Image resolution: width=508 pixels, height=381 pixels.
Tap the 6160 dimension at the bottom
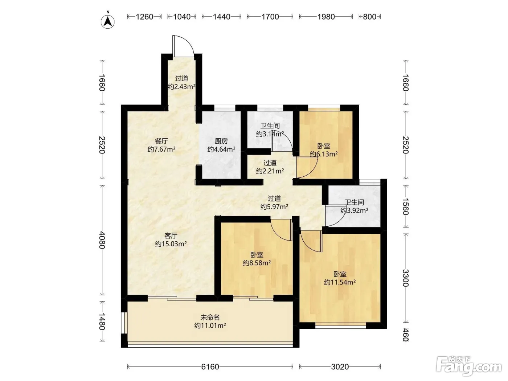click(x=210, y=366)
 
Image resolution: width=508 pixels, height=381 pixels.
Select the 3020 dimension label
click(x=340, y=366)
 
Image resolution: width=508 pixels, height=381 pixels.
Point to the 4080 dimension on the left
click(x=102, y=240)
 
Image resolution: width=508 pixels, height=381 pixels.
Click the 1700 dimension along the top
click(x=270, y=17)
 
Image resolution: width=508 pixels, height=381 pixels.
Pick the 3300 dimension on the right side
click(x=406, y=278)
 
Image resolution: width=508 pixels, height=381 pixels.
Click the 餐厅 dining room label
click(x=161, y=141)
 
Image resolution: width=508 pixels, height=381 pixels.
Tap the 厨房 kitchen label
click(x=221, y=141)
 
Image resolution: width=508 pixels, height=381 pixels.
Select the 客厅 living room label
click(x=171, y=236)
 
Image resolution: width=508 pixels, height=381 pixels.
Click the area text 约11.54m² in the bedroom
click(x=340, y=282)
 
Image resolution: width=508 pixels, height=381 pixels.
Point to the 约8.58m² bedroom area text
click(x=257, y=263)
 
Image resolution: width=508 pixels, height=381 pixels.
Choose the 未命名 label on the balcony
click(x=210, y=317)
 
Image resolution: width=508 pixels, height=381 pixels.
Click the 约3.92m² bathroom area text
click(x=354, y=210)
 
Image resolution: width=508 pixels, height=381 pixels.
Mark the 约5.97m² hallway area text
click(x=274, y=206)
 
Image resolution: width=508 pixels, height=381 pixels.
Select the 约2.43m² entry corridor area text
click(x=181, y=87)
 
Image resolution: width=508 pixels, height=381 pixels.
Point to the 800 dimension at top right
click(x=370, y=17)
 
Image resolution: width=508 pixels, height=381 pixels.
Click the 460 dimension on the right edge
click(x=406, y=335)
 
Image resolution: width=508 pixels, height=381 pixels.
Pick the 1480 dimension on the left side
click(x=102, y=321)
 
